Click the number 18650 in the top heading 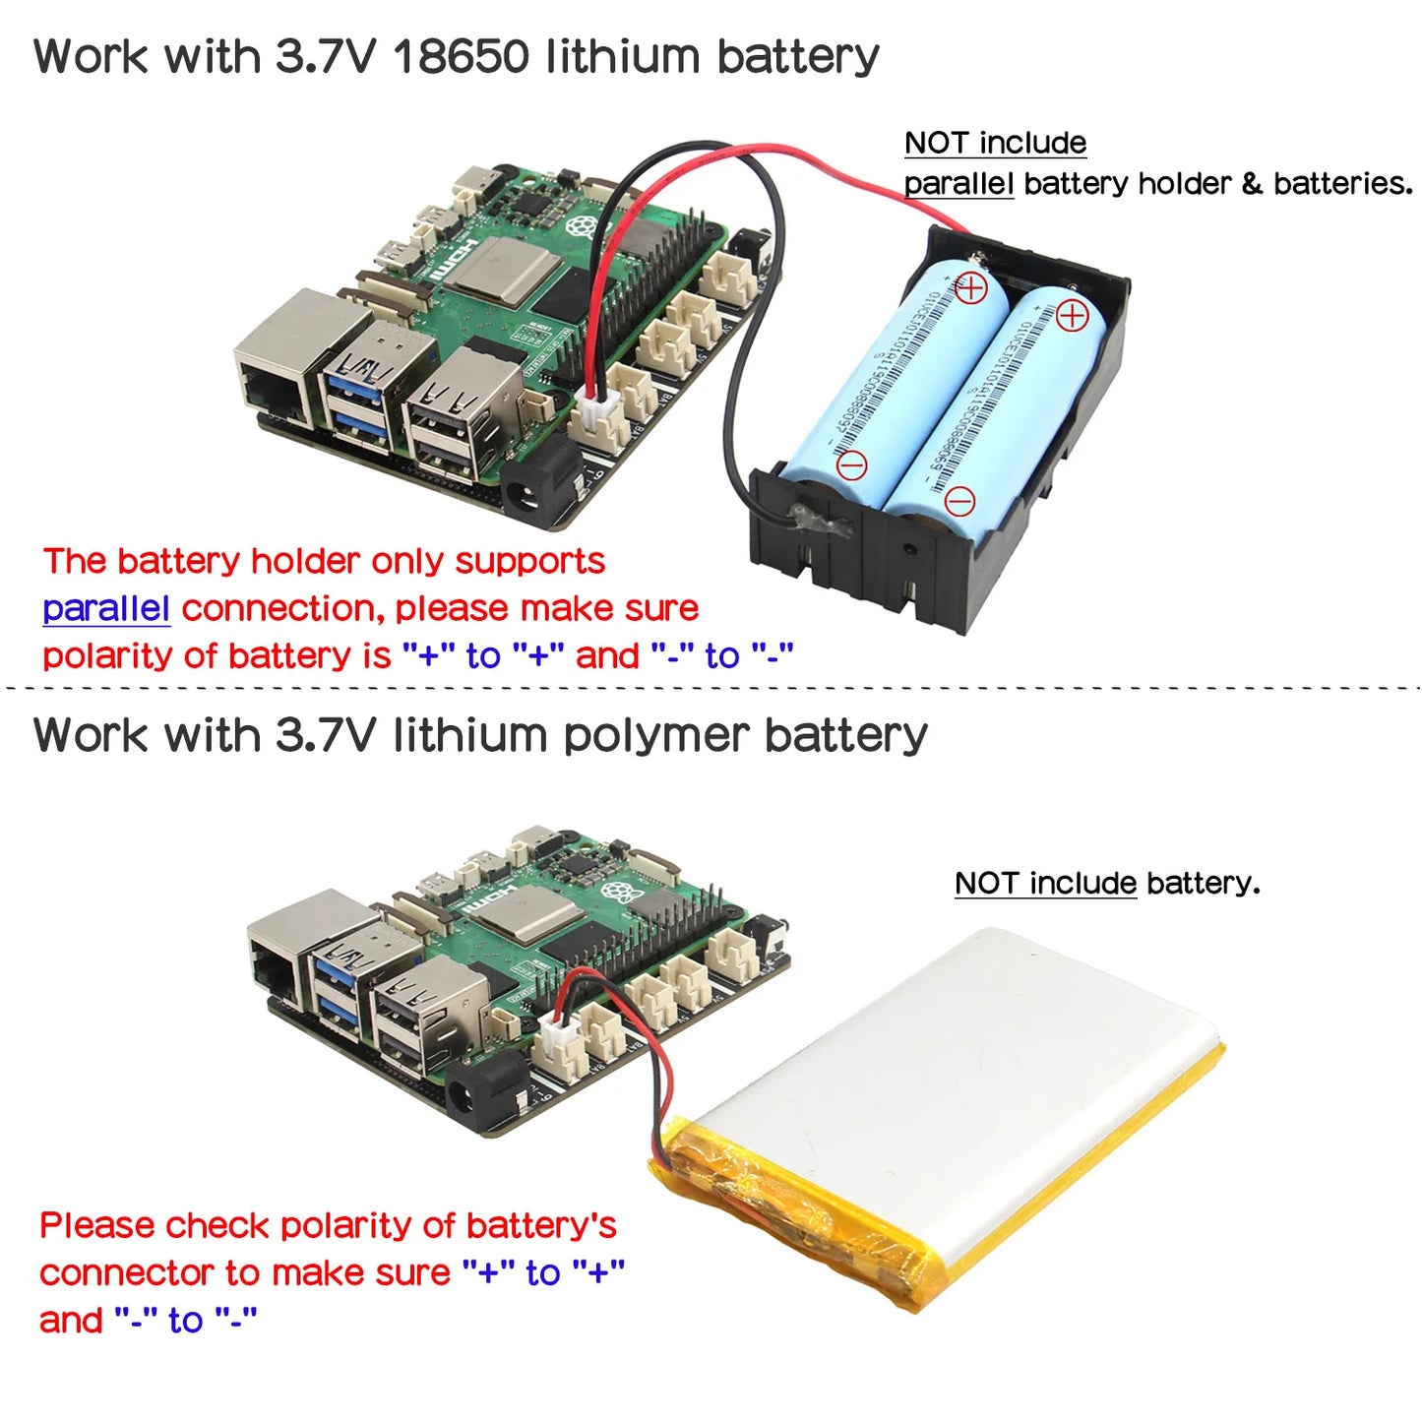(462, 56)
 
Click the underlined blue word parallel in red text (106, 609)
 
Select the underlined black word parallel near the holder (958, 184)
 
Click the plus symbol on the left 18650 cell (970, 288)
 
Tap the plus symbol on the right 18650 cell (1072, 316)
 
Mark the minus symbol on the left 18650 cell (851, 464)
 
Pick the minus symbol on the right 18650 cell (959, 502)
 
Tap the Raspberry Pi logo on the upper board (587, 225)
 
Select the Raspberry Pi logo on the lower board (621, 892)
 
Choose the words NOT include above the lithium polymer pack (1045, 884)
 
